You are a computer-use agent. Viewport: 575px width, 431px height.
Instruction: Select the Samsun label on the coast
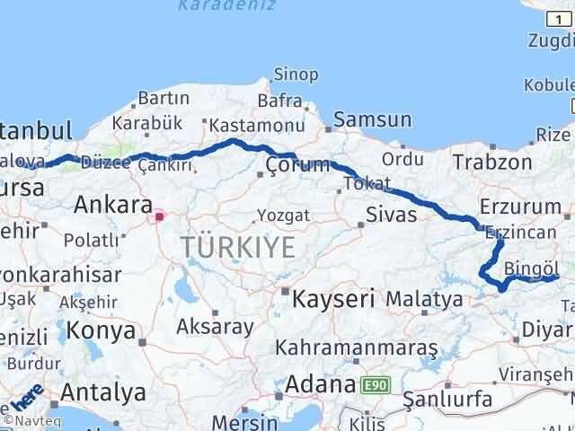click(x=373, y=119)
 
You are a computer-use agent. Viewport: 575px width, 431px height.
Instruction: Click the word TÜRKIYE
click(x=237, y=247)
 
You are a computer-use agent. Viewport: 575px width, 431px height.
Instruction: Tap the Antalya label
click(x=104, y=392)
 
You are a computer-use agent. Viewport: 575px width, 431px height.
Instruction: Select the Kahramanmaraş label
click(x=357, y=347)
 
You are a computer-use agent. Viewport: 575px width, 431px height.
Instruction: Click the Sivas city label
click(x=392, y=215)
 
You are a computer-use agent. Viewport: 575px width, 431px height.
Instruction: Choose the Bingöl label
click(x=531, y=267)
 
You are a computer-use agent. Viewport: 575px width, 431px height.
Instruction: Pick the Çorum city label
click(x=293, y=165)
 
